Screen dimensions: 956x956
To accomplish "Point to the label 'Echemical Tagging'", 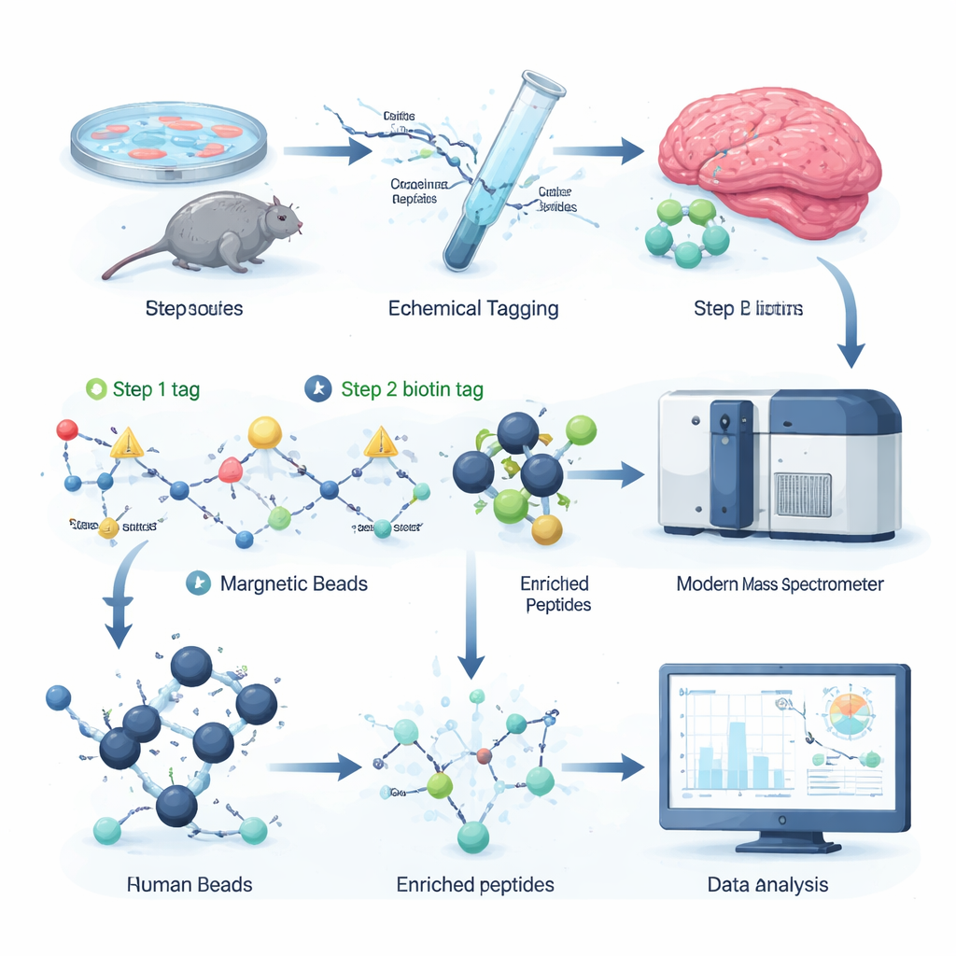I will (473, 308).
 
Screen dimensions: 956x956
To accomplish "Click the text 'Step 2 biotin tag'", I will (412, 389).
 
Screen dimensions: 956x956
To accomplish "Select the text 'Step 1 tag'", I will (156, 389).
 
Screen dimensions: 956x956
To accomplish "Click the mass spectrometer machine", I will (780, 462).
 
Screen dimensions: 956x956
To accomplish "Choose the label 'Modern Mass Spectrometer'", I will (780, 585).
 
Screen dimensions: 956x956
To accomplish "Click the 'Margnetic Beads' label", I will (293, 584).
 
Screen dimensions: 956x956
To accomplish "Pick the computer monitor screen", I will (784, 742).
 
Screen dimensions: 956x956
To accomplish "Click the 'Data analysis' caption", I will (767, 884).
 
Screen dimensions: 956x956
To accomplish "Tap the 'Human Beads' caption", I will (190, 884).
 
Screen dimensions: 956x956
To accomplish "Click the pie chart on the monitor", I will (849, 715).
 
